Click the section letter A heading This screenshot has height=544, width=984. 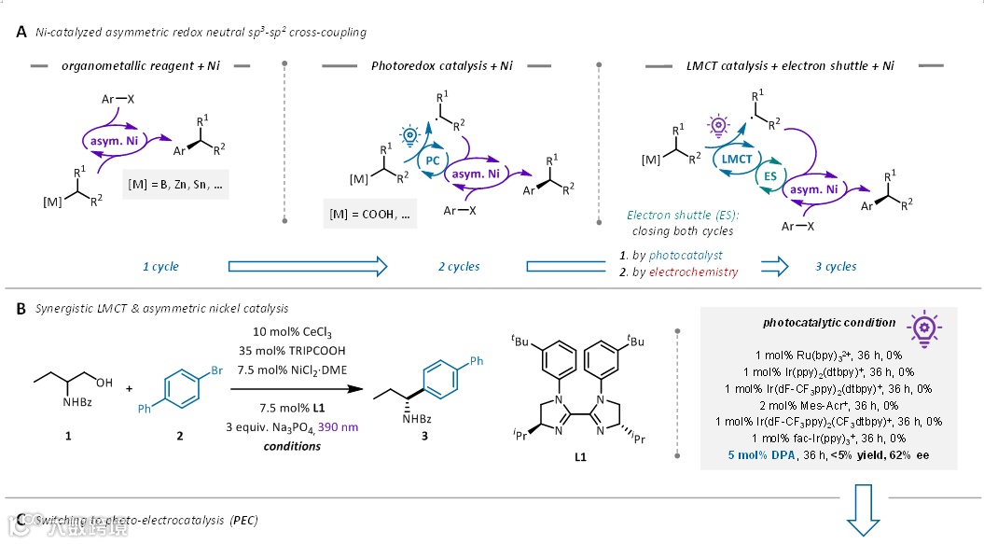(x=21, y=32)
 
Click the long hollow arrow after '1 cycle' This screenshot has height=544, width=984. (x=307, y=267)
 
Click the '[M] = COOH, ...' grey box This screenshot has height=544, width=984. (x=369, y=216)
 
